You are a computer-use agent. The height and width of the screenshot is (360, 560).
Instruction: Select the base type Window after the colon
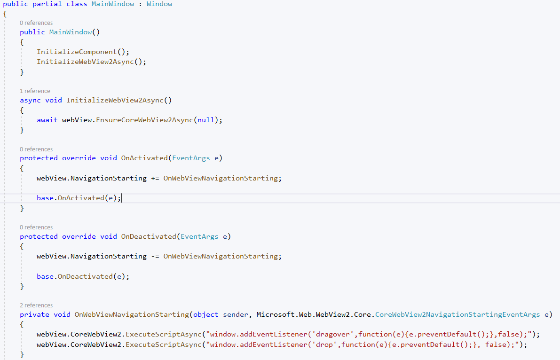(159, 4)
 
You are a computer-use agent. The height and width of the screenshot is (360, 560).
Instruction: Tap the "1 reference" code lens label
(35, 91)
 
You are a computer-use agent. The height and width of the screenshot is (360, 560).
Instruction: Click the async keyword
(30, 100)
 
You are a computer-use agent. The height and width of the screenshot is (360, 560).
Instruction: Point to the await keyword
(47, 120)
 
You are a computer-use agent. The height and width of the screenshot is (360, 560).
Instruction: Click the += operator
(155, 178)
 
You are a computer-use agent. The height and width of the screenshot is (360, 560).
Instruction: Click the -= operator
(155, 256)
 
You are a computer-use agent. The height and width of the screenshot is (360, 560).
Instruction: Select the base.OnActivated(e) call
(79, 198)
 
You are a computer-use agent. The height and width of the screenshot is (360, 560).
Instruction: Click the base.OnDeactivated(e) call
(83, 276)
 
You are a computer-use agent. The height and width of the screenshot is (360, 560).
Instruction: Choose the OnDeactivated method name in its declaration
(149, 236)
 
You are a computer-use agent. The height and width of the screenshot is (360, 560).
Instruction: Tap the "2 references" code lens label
(36, 305)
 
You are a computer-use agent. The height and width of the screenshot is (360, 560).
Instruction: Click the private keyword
(34, 314)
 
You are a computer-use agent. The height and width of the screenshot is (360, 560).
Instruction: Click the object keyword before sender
(205, 314)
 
